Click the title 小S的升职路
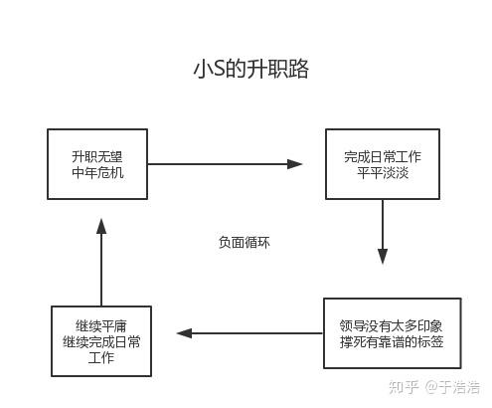coord(250,69)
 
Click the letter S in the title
coord(219,70)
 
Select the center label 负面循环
coord(245,242)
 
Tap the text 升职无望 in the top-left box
coord(97,156)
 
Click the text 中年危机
coord(97,172)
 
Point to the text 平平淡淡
coord(383,172)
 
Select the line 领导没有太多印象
coord(391,325)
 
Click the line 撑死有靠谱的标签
coord(392,341)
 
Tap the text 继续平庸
coord(101,325)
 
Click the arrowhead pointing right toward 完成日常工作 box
coord(294,164)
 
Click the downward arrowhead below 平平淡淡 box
coord(383,257)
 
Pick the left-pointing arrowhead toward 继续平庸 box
coord(185,333)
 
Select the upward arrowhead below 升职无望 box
coord(101,226)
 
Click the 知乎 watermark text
coord(404,387)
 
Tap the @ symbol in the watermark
coord(431,388)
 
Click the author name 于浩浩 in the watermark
coord(460,387)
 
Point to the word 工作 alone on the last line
coord(101,357)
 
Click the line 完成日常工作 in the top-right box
coord(383,156)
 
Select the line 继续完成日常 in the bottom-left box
coord(101,341)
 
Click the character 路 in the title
coord(298,69)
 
